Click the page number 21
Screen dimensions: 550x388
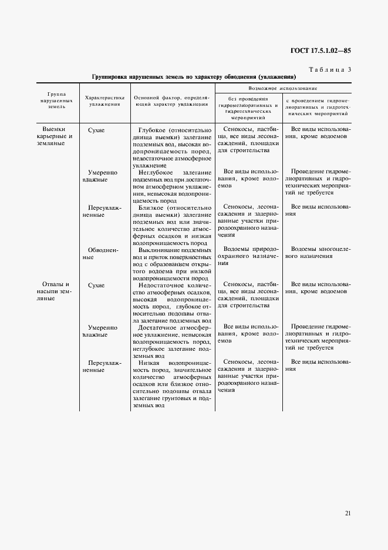click(347, 513)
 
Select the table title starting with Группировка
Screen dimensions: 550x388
click(194, 78)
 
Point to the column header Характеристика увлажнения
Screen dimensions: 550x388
click(103, 100)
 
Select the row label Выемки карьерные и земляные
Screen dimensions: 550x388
click(58, 136)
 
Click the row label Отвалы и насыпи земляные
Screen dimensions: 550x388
click(58, 291)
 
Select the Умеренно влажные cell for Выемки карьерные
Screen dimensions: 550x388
click(103, 176)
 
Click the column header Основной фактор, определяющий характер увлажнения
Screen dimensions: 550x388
click(171, 100)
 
